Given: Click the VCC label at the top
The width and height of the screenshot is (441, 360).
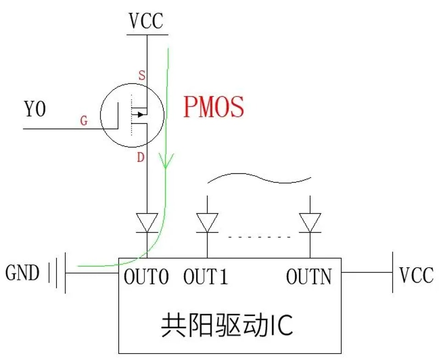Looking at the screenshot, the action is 146,21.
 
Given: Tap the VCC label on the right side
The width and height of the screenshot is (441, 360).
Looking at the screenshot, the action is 417,275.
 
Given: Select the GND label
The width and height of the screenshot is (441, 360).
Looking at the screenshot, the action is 22,273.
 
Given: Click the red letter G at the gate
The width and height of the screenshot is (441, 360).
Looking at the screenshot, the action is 84,121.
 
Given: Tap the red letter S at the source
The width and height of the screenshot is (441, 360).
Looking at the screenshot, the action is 142,75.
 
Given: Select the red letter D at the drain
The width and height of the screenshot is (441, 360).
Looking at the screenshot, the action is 141,157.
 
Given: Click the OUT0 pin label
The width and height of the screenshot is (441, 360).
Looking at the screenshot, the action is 146,277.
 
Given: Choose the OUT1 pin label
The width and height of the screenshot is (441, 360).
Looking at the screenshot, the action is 206,277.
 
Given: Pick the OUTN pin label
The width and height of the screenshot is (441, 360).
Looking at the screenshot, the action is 309,277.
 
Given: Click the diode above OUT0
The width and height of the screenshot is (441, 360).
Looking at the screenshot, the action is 147,223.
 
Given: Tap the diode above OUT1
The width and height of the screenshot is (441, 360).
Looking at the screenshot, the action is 207,223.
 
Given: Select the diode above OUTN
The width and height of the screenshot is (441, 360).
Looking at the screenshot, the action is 310,223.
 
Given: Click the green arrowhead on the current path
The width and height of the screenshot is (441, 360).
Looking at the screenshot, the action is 166,161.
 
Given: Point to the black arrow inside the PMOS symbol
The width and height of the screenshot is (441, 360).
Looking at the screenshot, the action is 141,115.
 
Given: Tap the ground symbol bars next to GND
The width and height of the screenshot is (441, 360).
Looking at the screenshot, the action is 57,273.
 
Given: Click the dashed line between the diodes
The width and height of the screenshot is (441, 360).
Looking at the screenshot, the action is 259,237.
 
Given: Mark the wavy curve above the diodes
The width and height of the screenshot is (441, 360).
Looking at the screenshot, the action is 259,178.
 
